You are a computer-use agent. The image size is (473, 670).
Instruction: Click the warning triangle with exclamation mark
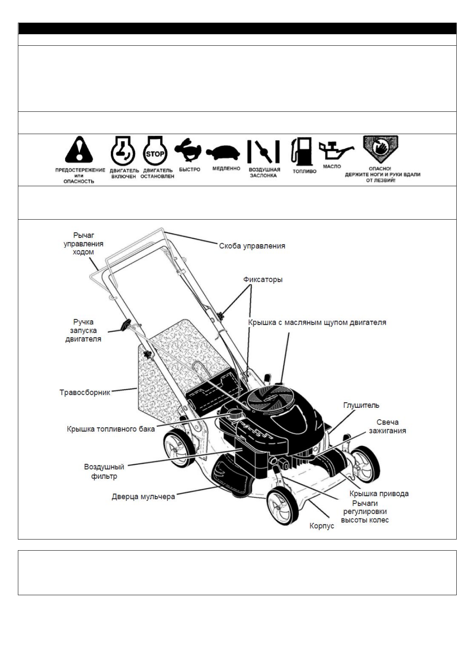point(79,150)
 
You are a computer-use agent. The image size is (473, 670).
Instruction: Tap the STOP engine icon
point(155,152)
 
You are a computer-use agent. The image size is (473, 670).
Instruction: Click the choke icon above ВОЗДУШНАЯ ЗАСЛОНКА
point(263,152)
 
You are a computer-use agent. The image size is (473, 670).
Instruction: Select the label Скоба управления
point(252,246)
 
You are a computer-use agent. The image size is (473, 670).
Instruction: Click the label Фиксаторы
point(263,279)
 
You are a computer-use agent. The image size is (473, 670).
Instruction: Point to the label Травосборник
point(85,392)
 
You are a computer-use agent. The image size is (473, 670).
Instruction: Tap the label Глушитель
point(361,405)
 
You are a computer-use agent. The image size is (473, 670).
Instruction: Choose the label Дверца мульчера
point(143,497)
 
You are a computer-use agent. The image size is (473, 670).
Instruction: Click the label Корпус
point(322,526)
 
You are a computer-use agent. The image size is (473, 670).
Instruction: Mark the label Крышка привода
point(379,493)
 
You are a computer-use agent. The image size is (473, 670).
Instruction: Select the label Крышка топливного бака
point(110,429)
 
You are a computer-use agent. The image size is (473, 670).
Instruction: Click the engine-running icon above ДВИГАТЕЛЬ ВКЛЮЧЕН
point(123,152)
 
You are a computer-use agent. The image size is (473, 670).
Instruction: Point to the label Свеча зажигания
point(387,426)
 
